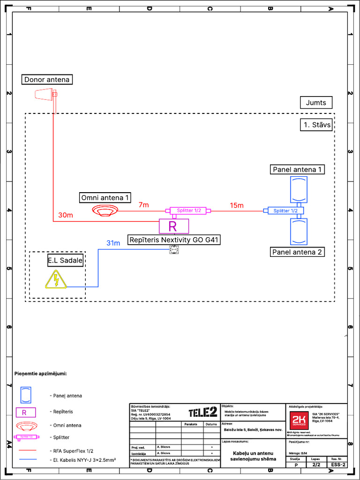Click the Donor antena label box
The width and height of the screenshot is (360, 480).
[47, 80]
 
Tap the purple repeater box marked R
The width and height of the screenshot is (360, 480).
[173, 226]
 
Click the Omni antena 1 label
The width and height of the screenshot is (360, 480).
[105, 197]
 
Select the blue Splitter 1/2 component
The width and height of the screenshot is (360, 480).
[286, 211]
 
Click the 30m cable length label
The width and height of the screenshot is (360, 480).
[66, 215]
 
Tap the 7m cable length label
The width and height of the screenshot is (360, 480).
[143, 205]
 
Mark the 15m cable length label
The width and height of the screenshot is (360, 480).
[237, 205]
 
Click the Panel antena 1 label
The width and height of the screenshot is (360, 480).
[298, 169]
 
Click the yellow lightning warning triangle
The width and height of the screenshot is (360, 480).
[56, 280]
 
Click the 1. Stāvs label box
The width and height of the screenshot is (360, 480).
[316, 125]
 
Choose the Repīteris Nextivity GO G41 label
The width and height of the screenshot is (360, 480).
[174, 240]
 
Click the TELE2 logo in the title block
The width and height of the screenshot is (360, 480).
[202, 412]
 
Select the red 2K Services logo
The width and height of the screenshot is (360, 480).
[299, 419]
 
